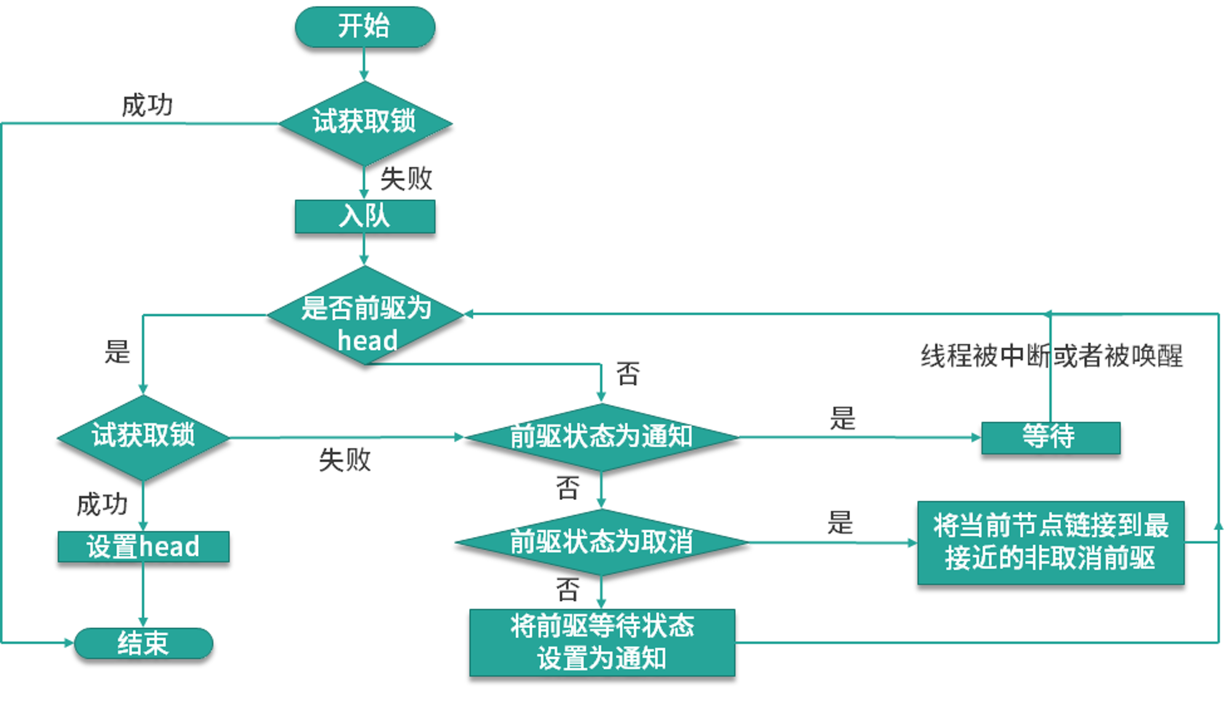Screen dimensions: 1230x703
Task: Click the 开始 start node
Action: tap(365, 27)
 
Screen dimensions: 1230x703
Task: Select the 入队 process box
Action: tap(365, 216)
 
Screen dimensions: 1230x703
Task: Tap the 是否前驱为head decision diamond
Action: tap(365, 315)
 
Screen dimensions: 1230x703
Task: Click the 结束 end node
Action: tap(143, 643)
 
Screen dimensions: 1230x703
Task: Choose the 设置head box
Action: tap(143, 547)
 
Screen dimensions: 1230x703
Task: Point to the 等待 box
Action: tap(1050, 438)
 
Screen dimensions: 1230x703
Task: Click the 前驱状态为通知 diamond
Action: tap(601, 437)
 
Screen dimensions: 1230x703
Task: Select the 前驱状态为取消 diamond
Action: tap(601, 542)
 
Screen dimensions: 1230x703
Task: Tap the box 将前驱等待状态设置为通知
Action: tap(602, 643)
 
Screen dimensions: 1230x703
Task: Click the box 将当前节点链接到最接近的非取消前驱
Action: tap(1050, 542)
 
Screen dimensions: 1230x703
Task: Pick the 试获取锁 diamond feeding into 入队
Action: tap(365, 123)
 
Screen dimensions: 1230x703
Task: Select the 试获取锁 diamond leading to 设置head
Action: tap(143, 437)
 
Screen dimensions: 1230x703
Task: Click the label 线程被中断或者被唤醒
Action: tap(1052, 355)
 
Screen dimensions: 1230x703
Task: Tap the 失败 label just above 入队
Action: tap(406, 179)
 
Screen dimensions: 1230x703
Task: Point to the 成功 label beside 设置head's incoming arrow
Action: tap(102, 504)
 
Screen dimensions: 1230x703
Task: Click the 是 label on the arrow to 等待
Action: tap(843, 418)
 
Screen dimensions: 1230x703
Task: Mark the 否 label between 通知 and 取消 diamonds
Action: tap(567, 488)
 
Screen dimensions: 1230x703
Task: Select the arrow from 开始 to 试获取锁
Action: tap(364, 65)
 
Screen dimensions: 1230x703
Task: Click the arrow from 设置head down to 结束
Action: tap(143, 595)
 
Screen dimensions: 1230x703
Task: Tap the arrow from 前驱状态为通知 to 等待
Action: tap(860, 438)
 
